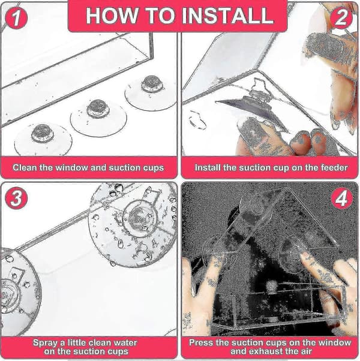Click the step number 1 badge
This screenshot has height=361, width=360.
16,18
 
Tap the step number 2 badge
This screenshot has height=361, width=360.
341,17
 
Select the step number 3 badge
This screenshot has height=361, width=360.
16,198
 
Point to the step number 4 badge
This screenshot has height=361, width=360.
342,198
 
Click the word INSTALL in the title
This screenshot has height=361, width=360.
227,16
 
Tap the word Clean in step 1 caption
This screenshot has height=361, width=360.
25,167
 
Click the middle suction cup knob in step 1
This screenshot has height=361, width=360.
98,109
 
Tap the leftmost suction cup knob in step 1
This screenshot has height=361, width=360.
42,134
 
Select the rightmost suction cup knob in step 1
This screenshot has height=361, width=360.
151,84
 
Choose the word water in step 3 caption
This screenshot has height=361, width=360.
124,342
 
